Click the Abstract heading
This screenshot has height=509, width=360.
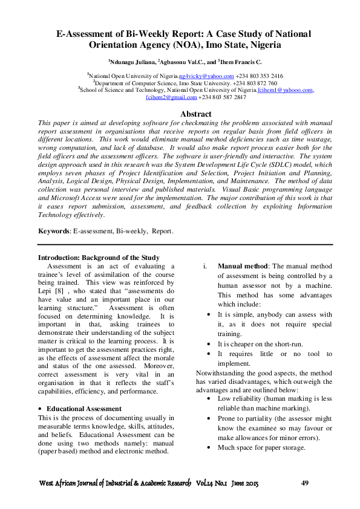196,114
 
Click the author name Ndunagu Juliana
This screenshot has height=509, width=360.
131,61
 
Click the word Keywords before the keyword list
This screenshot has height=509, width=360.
53,231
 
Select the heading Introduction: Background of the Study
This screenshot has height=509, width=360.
99,258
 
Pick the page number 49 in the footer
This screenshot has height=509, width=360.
306,483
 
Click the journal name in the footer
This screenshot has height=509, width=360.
115,484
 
